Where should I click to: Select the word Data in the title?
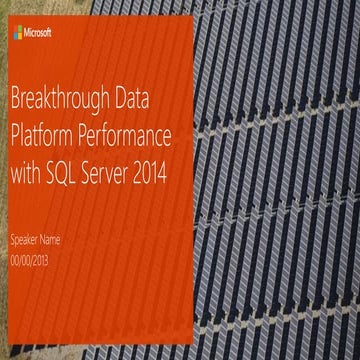[x=141, y=101]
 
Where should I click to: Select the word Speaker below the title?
[x=26, y=240]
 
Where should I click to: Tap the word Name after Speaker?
[x=61, y=240]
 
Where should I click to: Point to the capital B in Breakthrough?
[x=13, y=101]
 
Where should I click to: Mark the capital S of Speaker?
[x=11, y=240]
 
